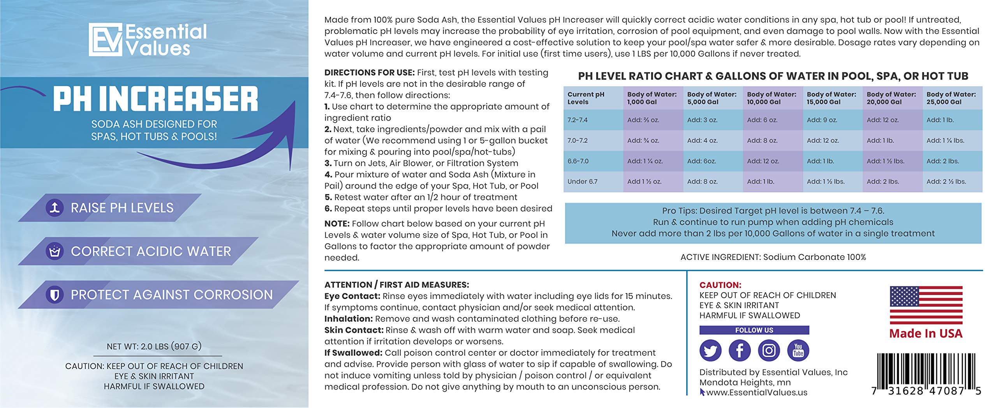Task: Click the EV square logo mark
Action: pyautogui.click(x=106, y=39)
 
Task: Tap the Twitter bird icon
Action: pyautogui.click(x=710, y=350)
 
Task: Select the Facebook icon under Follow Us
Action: pyautogui.click(x=740, y=350)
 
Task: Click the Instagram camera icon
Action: pyautogui.click(x=769, y=350)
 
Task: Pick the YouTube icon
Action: pyautogui.click(x=798, y=350)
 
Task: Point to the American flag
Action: pyautogui.click(x=926, y=305)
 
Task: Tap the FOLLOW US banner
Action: pyautogui.click(x=754, y=330)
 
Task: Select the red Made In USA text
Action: pyautogui.click(x=926, y=334)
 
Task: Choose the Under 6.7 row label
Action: pyautogui.click(x=582, y=182)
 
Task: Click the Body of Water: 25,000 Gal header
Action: pyautogui.click(x=951, y=98)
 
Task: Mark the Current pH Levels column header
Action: pyautogui.click(x=586, y=98)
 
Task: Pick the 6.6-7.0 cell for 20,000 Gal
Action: pyautogui.click(x=885, y=161)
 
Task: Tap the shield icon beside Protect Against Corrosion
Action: pyautogui.click(x=55, y=295)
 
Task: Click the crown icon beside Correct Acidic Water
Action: pyautogui.click(x=55, y=251)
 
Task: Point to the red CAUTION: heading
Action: pyautogui.click(x=720, y=285)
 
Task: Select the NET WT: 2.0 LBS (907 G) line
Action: pyautogui.click(x=154, y=346)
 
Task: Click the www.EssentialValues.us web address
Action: pyautogui.click(x=757, y=392)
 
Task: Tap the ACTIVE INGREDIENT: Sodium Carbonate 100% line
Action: pyautogui.click(x=773, y=257)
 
